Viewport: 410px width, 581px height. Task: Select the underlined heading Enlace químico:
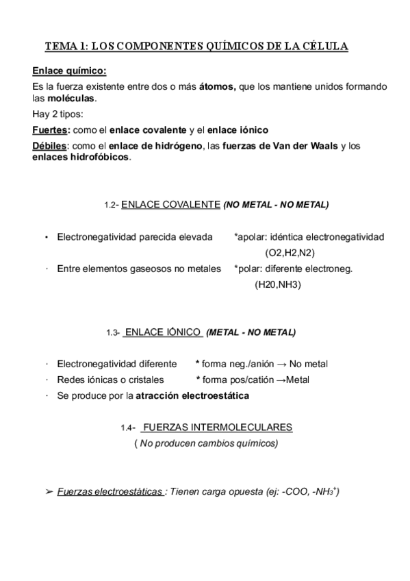click(69, 71)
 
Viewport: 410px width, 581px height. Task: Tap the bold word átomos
click(217, 86)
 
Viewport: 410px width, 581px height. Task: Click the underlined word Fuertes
click(51, 129)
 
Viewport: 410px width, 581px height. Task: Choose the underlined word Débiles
click(50, 146)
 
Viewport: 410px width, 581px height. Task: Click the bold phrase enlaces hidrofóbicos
click(80, 157)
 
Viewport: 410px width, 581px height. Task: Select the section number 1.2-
click(112, 206)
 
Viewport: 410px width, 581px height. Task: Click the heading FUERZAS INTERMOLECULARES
click(218, 428)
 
